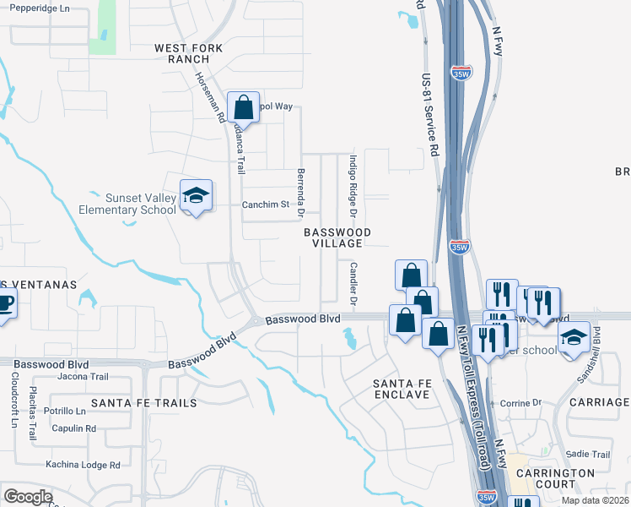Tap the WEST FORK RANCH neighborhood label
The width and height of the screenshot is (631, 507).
click(x=188, y=54)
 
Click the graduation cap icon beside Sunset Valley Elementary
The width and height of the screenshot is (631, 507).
click(x=196, y=196)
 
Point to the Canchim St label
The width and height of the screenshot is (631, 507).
click(x=266, y=204)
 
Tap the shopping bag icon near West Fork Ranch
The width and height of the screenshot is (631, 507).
click(x=243, y=107)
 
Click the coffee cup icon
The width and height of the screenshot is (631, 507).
click(x=4, y=303)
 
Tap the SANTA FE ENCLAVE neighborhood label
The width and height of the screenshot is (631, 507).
click(x=402, y=389)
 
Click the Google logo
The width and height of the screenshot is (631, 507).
click(x=28, y=497)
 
